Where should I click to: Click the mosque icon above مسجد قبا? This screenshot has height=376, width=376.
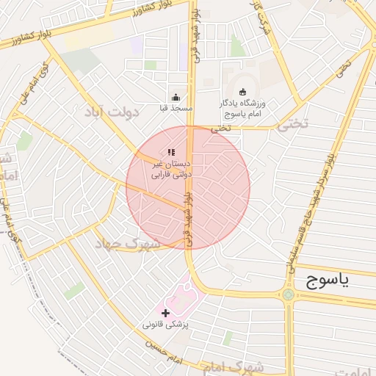point(176,97)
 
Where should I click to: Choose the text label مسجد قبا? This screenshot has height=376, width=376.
point(176,108)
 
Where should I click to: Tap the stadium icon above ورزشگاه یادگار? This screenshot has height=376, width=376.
point(242,93)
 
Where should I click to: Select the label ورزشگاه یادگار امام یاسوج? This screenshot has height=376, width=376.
point(242,109)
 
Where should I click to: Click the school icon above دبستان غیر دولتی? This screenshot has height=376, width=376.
point(171,152)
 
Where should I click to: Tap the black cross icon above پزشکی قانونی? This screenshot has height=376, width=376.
point(164,313)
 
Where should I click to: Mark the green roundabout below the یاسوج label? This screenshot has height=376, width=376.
point(288,295)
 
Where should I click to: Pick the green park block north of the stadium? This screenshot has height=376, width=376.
point(236,46)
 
